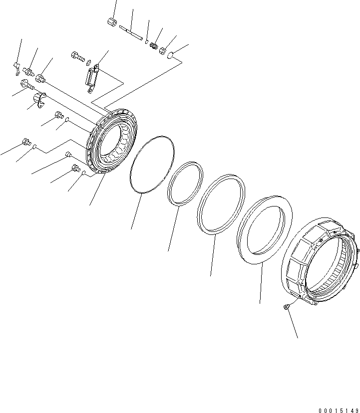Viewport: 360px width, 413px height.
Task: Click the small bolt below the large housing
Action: point(286,307)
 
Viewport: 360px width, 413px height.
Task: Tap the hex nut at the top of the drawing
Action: point(112,21)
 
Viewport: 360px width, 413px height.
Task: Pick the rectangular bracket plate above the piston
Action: point(93,77)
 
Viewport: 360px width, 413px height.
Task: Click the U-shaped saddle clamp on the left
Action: point(40,99)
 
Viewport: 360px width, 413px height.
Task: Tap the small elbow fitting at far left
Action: point(17,66)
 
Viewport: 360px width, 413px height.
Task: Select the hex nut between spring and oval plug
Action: point(163,50)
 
